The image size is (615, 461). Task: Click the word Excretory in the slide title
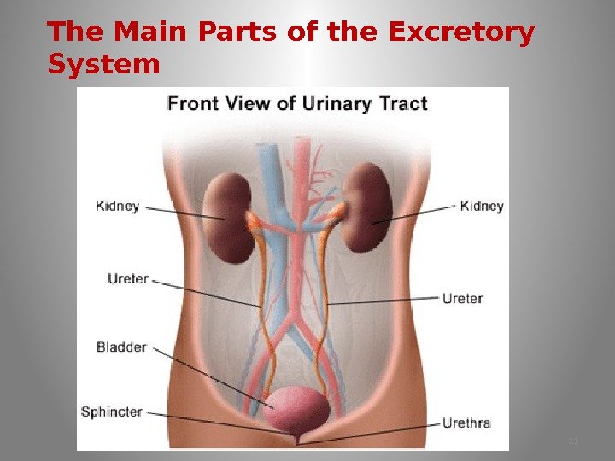(x=461, y=32)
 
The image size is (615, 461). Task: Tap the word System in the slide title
(x=103, y=64)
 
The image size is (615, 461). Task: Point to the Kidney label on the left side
(x=118, y=207)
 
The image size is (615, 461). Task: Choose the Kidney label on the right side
(x=482, y=206)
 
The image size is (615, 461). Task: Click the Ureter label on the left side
(x=128, y=278)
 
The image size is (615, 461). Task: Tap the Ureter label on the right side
(x=462, y=298)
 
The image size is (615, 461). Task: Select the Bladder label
(x=121, y=347)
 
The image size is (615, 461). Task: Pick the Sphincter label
(x=111, y=411)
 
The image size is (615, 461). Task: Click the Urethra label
(x=466, y=422)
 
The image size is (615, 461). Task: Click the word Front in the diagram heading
(x=190, y=104)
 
